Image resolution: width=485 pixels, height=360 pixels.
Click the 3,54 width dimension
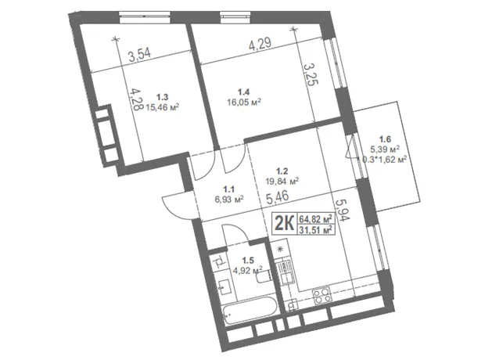coord(140,56)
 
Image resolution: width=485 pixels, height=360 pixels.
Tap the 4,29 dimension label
coord(260,43)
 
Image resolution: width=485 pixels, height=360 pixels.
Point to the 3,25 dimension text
coord(311,74)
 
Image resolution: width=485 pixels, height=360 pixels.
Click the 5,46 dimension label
coord(277,198)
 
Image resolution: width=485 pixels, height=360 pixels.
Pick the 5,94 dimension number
coord(343,210)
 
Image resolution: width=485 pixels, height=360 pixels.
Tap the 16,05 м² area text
coord(244,102)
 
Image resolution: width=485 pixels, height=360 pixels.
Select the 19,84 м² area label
coord(282,181)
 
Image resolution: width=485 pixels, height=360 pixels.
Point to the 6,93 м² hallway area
coord(229,199)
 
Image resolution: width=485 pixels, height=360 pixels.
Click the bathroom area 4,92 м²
coord(248,270)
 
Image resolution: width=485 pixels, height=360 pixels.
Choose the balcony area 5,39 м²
coord(384,149)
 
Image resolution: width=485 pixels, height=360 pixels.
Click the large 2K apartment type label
coord(284,223)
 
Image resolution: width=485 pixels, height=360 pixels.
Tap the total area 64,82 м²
coord(315,219)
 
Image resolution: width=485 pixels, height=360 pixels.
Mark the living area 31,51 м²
coord(315,230)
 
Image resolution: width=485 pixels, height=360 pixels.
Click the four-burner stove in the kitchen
coord(322,295)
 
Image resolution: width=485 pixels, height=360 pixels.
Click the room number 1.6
coord(386,139)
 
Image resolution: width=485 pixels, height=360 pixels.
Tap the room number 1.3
coord(162,98)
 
